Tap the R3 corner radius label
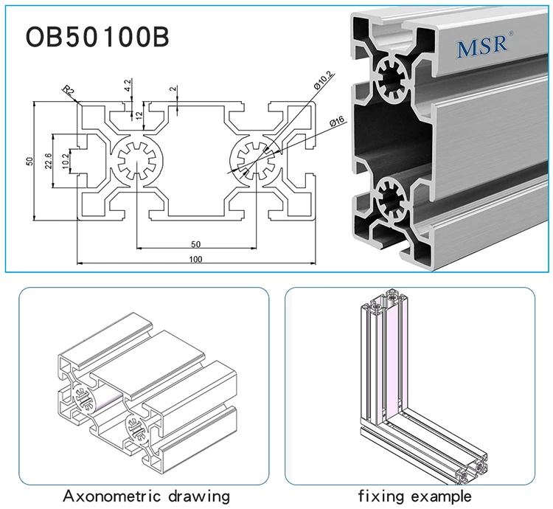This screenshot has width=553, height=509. click(69, 91)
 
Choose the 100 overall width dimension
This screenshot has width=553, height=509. click(195, 259)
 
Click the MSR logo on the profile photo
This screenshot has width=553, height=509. click(481, 46)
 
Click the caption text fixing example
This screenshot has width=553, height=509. click(414, 495)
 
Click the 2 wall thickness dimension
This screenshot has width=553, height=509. click(173, 89)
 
